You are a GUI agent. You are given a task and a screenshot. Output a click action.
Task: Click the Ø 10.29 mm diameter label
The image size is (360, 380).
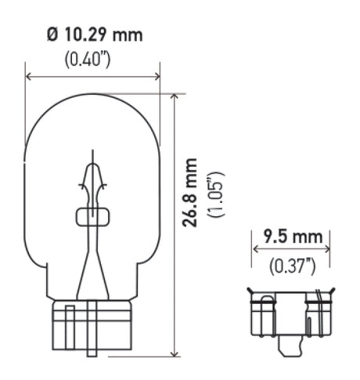[x=93, y=35]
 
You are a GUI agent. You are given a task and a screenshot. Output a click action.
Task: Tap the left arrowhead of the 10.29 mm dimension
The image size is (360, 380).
[x=30, y=77]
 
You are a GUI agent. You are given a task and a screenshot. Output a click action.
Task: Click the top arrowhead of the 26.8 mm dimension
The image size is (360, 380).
[x=173, y=97]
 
